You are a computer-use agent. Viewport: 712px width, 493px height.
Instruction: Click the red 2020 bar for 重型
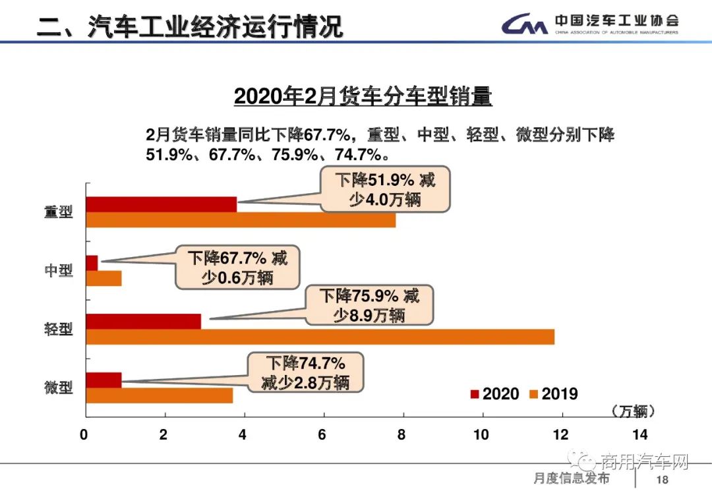(162, 204)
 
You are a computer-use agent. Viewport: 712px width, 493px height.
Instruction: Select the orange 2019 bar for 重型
(241, 220)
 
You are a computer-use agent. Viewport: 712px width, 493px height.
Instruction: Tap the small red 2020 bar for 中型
(92, 262)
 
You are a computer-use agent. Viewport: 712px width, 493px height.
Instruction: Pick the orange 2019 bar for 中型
(104, 278)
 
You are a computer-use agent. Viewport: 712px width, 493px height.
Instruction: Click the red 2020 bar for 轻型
(144, 321)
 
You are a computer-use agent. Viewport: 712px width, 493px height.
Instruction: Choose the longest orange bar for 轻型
(320, 337)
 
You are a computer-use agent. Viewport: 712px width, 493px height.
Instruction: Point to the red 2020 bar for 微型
(104, 380)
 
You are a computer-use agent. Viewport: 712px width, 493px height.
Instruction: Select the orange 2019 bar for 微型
(160, 395)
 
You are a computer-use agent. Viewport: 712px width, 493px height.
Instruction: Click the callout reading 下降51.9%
(386, 189)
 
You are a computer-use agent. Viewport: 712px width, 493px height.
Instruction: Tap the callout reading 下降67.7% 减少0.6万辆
(237, 268)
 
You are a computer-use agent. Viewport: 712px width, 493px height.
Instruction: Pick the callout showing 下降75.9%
(369, 305)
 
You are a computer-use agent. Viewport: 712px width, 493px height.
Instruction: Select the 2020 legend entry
(494, 394)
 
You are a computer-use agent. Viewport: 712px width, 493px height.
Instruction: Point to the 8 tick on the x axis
(402, 435)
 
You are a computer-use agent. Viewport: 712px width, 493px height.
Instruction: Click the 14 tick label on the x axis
(640, 435)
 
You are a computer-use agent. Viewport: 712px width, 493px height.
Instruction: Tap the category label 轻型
(59, 329)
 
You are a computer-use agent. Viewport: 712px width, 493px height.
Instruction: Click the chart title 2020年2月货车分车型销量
(363, 97)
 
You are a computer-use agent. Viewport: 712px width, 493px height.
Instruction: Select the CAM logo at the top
(525, 24)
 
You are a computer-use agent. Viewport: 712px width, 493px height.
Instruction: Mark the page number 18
(663, 479)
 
